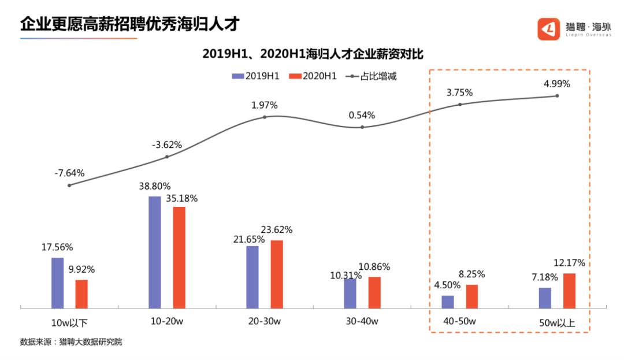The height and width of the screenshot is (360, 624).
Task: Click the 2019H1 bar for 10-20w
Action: [155, 253]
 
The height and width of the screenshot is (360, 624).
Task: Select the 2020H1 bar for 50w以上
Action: [570, 291]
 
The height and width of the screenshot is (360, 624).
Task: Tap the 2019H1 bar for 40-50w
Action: [448, 302]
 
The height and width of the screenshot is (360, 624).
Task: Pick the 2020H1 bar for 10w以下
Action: [81, 294]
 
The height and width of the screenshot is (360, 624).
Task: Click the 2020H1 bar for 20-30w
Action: [277, 274]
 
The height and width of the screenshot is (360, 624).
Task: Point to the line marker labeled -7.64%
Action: [69, 185]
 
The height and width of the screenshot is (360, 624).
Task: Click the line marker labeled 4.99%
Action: [558, 96]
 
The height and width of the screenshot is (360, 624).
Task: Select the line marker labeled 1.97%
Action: [265, 117]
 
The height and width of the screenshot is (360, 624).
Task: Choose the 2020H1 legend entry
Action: [313, 76]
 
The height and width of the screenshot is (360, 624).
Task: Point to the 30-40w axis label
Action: [362, 322]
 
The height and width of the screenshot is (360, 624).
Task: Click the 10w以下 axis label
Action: [69, 322]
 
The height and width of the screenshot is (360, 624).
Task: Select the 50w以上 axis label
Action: [557, 322]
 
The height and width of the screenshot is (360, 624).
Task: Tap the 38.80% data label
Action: [154, 187]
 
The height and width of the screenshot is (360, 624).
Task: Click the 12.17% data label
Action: [569, 263]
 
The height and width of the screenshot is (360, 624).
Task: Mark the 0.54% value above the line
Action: [362, 115]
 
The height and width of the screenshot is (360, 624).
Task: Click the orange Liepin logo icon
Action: [548, 29]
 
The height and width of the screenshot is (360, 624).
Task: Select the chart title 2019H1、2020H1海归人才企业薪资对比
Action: [313, 54]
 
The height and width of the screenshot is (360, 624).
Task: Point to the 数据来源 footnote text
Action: [71, 342]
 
